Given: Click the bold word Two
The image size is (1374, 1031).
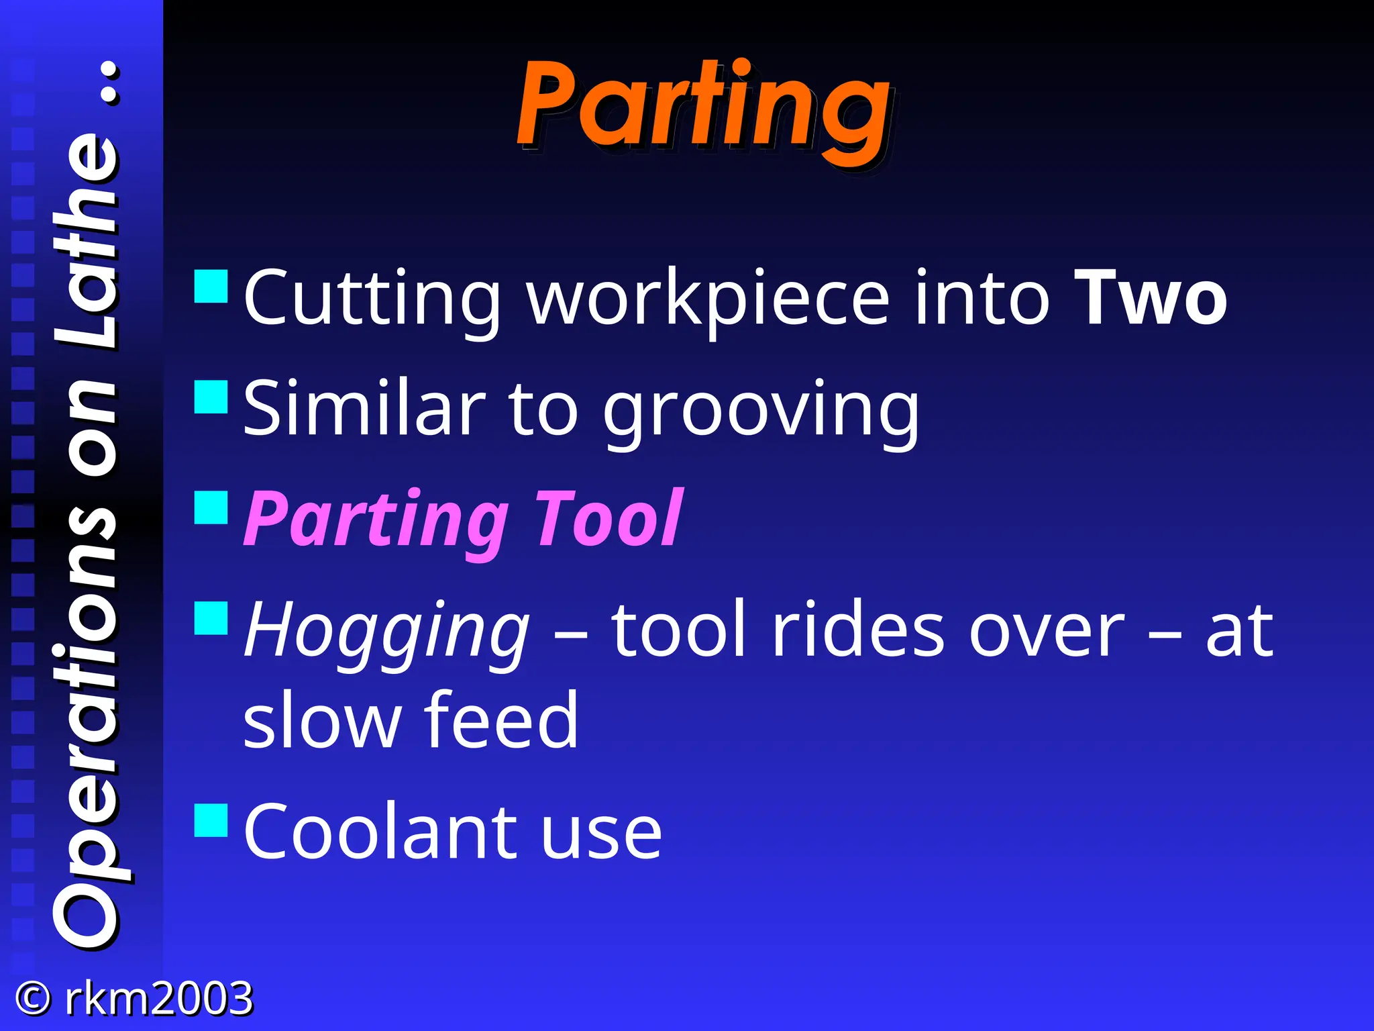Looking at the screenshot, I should (x=1150, y=297).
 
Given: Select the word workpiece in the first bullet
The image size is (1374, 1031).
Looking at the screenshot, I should (x=707, y=299).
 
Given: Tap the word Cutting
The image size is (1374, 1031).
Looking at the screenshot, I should (x=372, y=299).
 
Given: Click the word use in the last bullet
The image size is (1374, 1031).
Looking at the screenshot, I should (x=601, y=833).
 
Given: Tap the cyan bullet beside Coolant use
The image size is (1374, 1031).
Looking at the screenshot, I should (x=211, y=820).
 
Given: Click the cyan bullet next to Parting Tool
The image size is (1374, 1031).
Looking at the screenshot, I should (x=211, y=507).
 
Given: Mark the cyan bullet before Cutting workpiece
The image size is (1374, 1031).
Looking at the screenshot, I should (x=211, y=287).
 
